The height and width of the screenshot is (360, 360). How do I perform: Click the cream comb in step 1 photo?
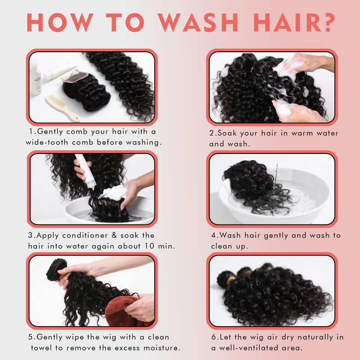[63, 108]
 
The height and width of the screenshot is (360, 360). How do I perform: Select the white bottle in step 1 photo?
[36, 77]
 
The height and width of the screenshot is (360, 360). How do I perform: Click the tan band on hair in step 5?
[65, 276]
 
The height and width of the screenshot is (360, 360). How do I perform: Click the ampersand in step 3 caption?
[114, 235]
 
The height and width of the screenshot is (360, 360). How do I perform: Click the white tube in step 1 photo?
[60, 72]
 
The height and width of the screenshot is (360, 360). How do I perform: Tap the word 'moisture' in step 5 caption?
[161, 348]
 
